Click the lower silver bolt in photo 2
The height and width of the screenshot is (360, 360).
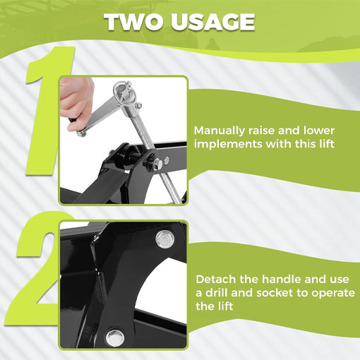pos(114,337)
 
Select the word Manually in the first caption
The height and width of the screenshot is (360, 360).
pos(222,131)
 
